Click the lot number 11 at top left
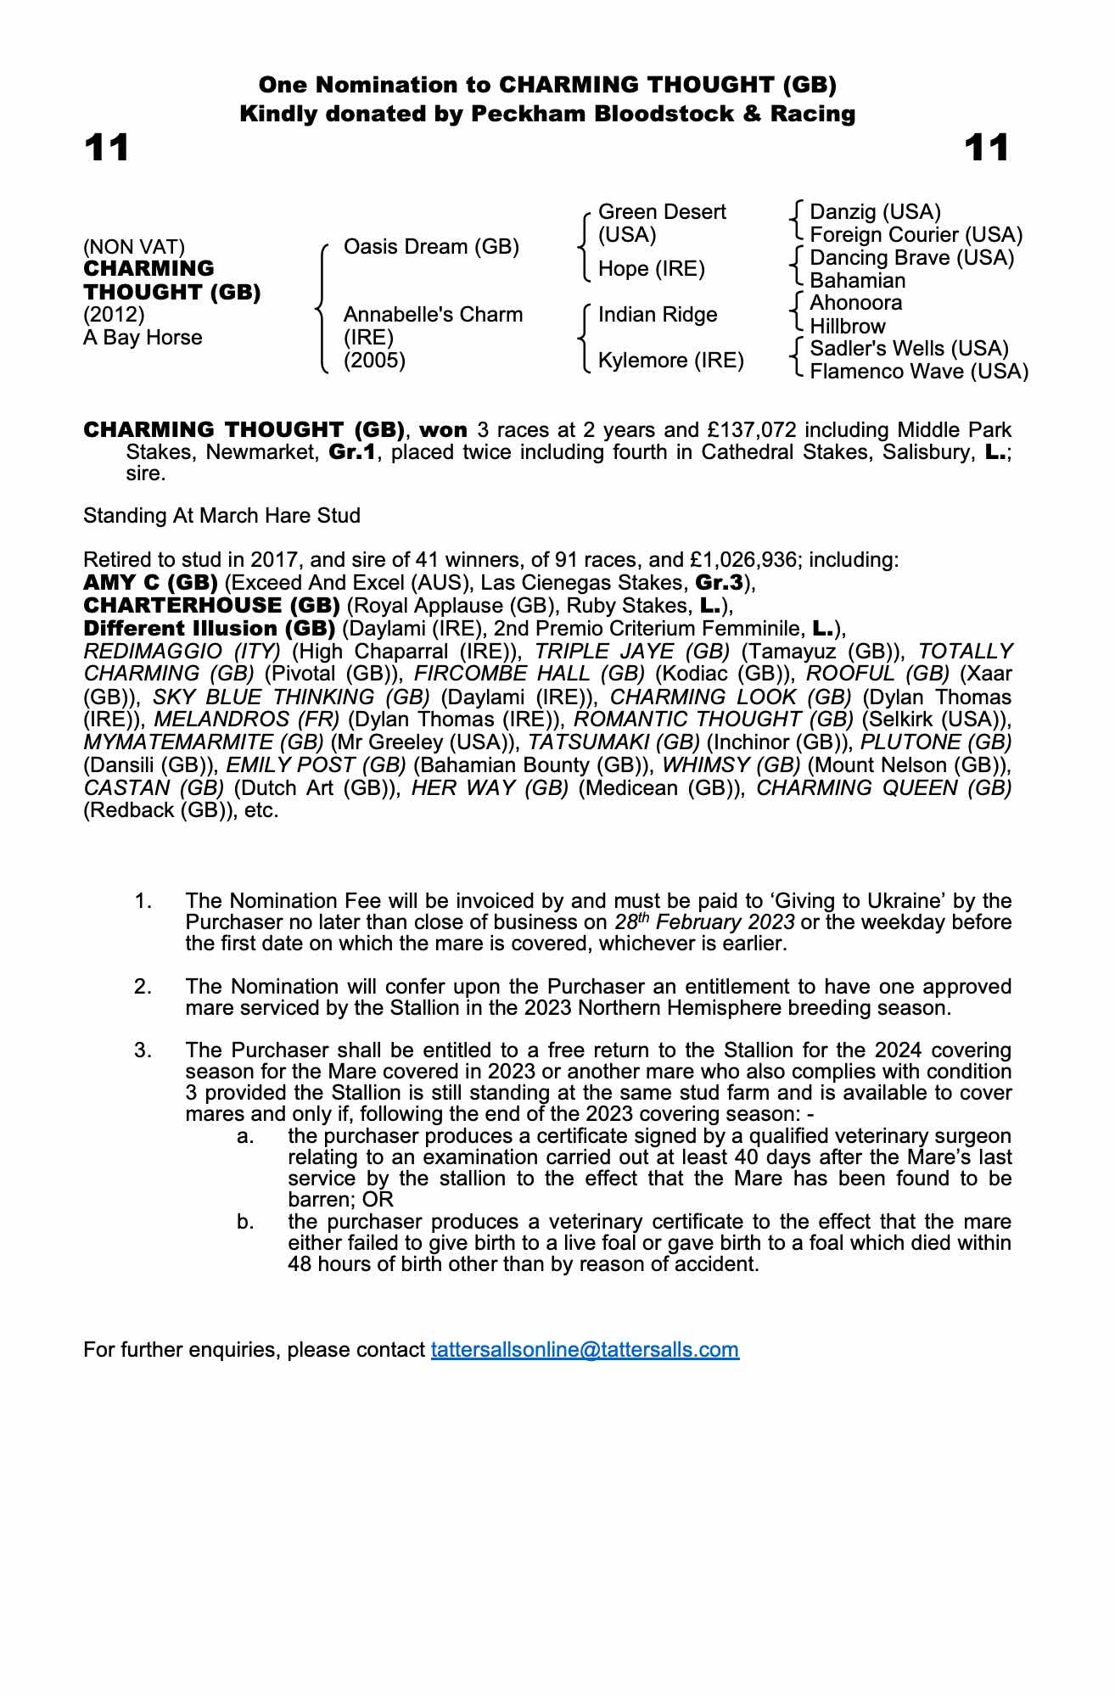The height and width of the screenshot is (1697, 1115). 107,148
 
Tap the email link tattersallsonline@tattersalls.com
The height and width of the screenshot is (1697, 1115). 585,1349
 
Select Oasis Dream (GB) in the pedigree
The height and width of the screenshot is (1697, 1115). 431,247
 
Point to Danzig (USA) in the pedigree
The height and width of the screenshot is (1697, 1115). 875,211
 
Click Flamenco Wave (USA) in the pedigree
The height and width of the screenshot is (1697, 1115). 919,372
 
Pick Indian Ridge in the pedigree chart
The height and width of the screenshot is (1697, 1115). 658,315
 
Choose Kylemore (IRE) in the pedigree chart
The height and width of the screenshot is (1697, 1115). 670,361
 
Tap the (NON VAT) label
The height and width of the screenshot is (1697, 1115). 134,247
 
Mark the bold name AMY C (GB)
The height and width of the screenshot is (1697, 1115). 150,583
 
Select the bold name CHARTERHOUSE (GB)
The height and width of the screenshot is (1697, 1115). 211,606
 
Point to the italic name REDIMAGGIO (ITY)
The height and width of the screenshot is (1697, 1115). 182,652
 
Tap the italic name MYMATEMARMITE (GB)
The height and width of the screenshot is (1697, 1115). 204,742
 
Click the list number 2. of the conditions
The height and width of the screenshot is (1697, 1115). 143,987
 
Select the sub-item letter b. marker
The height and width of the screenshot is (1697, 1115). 246,1222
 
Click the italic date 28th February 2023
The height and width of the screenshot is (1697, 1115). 704,922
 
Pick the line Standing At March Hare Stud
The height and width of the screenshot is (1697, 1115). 221,516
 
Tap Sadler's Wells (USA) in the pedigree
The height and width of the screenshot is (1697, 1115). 909,349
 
